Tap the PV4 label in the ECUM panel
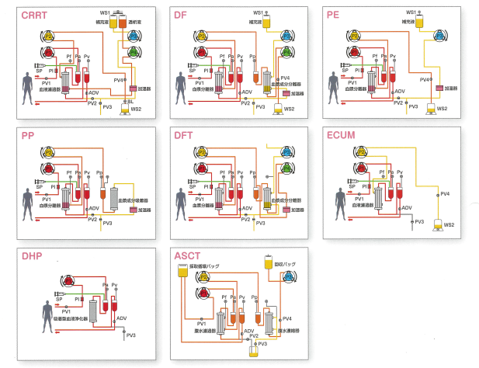coord(445,193)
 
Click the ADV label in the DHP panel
coord(122,318)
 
